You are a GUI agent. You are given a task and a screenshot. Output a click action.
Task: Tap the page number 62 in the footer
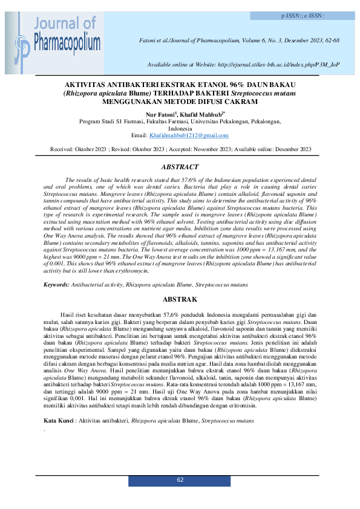pos(180,479)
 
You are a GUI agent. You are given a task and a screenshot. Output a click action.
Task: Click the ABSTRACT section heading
pos(180,166)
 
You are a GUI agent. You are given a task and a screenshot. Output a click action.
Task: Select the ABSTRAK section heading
pos(180,299)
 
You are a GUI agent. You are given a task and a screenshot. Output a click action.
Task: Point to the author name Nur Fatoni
pos(156,114)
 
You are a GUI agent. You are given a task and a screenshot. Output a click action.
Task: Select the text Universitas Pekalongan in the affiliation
pos(218,121)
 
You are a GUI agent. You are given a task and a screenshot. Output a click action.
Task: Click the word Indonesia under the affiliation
pos(180,128)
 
